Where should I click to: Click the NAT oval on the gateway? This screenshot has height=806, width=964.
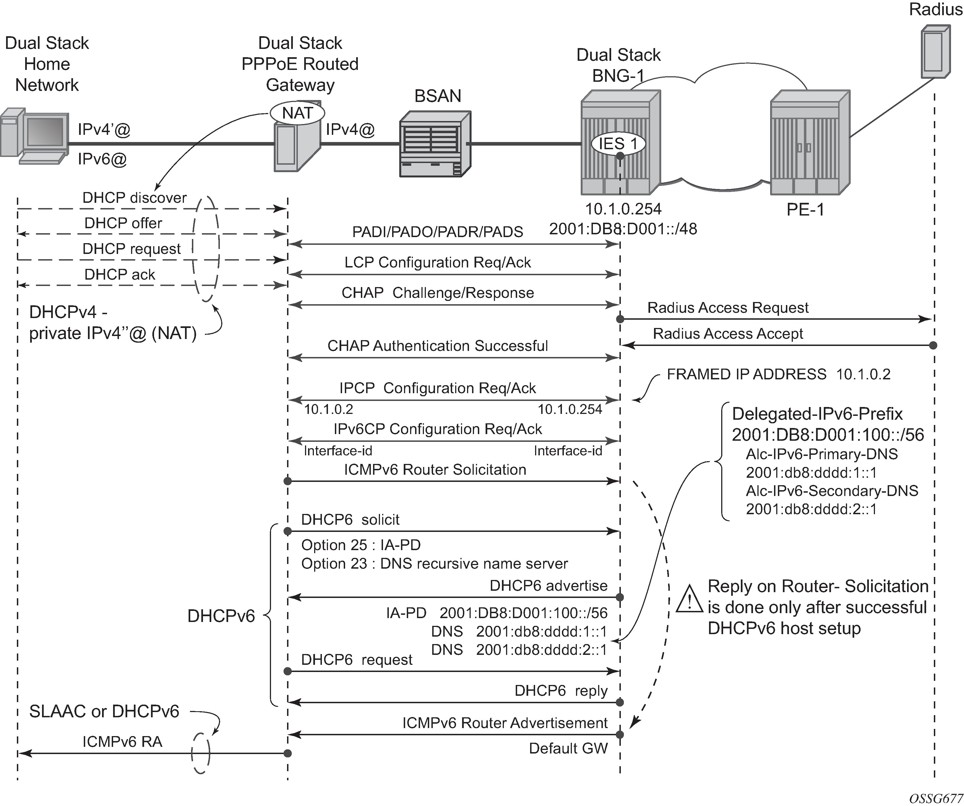pyautogui.click(x=297, y=113)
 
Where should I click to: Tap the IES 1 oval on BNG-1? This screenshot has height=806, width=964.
pyautogui.click(x=618, y=144)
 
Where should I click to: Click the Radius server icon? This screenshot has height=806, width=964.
pyautogui.click(x=935, y=51)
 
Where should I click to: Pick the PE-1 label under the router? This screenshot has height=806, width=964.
pyautogui.click(x=805, y=210)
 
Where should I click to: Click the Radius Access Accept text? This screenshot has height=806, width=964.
pyautogui.click(x=728, y=334)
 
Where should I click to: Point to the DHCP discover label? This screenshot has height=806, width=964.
pyautogui.click(x=134, y=198)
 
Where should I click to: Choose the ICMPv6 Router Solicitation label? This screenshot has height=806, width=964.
pyautogui.click(x=435, y=470)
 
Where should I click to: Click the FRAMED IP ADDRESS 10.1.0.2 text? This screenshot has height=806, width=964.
pyautogui.click(x=778, y=374)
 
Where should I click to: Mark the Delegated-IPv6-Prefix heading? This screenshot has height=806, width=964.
pyautogui.click(x=817, y=414)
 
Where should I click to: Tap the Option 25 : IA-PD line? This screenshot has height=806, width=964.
pyautogui.click(x=361, y=545)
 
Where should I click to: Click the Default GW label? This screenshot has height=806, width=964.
pyautogui.click(x=568, y=748)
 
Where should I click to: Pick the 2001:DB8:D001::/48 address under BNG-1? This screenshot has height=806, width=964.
pyautogui.click(x=623, y=229)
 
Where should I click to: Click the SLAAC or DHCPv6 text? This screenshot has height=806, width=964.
pyautogui.click(x=104, y=711)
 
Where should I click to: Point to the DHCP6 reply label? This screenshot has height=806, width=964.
pyautogui.click(x=561, y=691)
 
